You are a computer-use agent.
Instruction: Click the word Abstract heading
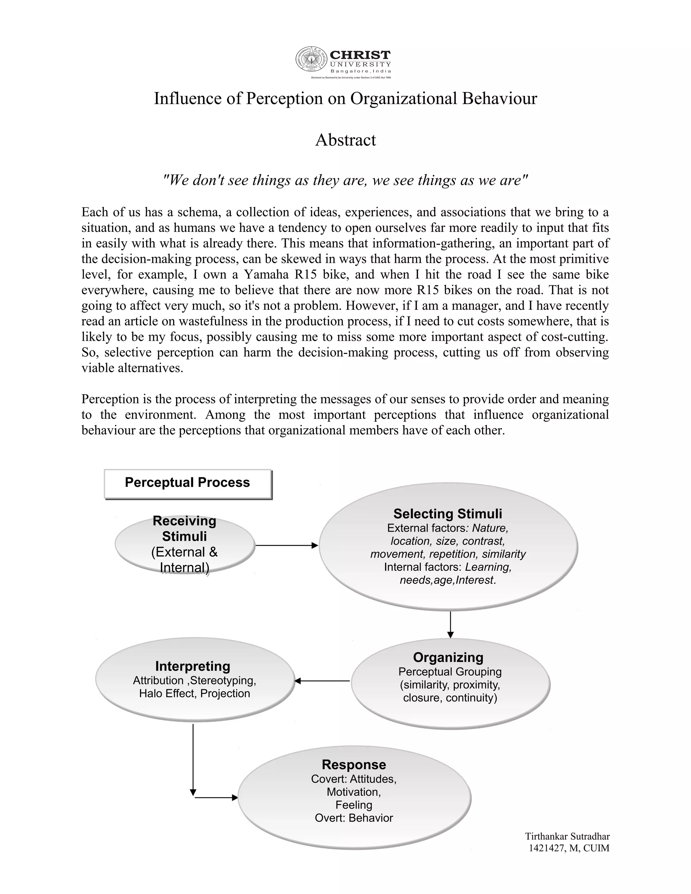(x=345, y=140)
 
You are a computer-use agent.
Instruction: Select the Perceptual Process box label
(x=188, y=483)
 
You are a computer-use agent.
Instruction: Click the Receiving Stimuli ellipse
(x=185, y=544)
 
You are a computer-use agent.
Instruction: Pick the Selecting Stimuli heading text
(x=447, y=514)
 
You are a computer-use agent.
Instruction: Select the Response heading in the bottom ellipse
(x=354, y=765)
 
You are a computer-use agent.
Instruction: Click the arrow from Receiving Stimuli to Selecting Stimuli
(x=286, y=546)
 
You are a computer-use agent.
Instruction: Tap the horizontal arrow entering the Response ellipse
(x=216, y=798)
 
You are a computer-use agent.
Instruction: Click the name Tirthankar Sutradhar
(x=568, y=836)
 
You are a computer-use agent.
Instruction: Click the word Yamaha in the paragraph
(x=267, y=274)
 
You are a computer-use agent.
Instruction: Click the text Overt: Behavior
(x=354, y=818)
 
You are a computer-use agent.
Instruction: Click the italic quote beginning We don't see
(x=345, y=180)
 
